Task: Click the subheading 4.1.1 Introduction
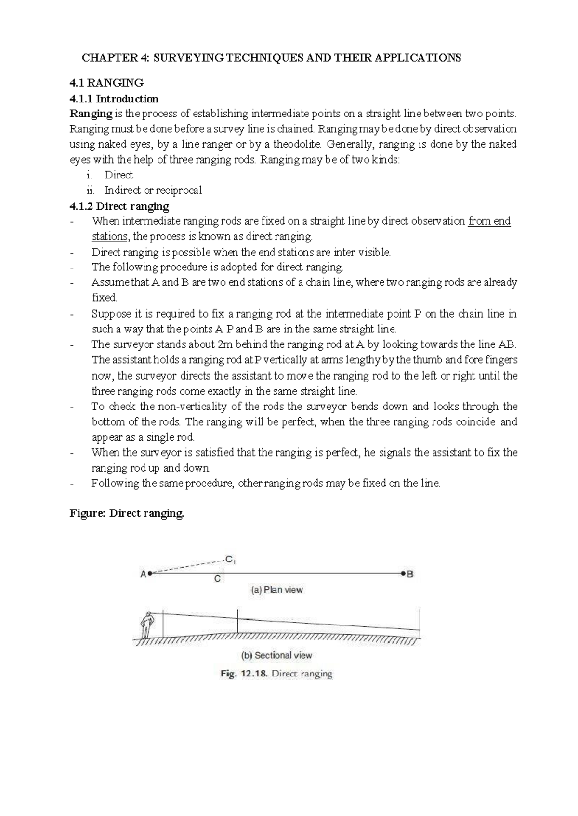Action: tap(114, 99)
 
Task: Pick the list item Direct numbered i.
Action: tap(118, 175)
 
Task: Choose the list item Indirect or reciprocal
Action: tap(153, 191)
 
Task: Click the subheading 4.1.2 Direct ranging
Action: tap(119, 206)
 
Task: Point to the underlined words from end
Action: tap(489, 221)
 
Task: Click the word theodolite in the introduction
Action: tap(297, 144)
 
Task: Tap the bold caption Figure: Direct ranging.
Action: tap(127, 513)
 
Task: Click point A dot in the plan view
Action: tap(150, 574)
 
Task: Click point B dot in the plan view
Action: tap(403, 574)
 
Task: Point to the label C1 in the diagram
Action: tap(230, 560)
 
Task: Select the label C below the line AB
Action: tap(217, 579)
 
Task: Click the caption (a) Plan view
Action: tap(277, 590)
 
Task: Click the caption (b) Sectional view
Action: tap(276, 655)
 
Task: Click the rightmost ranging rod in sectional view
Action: tap(420, 623)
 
